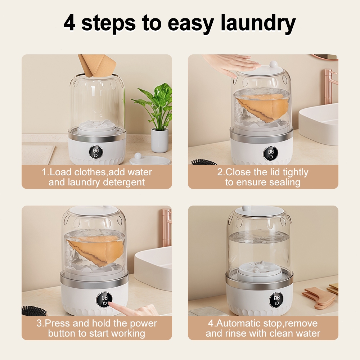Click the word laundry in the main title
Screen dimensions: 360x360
[258, 24]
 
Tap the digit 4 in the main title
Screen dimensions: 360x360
[69, 23]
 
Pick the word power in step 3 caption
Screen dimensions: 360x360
[143, 324]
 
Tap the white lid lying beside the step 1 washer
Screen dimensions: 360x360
[150, 159]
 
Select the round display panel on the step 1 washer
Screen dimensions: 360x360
[96, 152]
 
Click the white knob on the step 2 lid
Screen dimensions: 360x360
[273, 64]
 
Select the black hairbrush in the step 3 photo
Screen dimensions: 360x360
[34, 311]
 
